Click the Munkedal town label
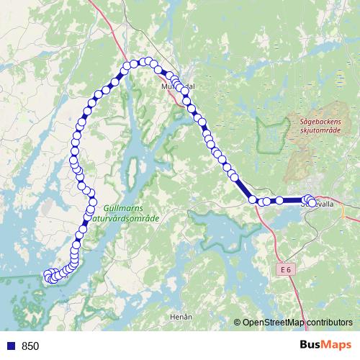(177, 86)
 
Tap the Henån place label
(183, 316)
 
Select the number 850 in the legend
(31, 346)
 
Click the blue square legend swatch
(9, 346)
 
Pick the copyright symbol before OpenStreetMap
(238, 323)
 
